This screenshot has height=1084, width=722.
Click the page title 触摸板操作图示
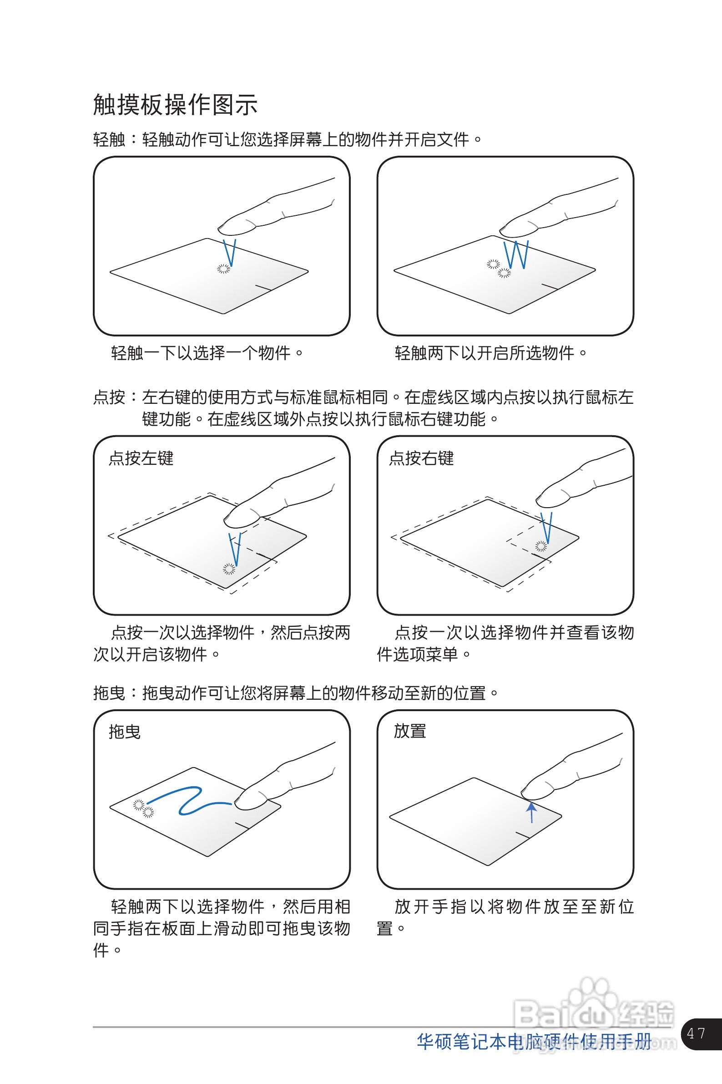(x=175, y=105)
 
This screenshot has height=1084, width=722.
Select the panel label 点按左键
(x=141, y=458)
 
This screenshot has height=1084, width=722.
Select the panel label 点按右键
(x=421, y=458)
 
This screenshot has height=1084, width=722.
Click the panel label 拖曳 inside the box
(x=124, y=732)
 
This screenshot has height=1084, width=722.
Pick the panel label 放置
(x=410, y=731)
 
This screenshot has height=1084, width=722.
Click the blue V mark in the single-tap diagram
(x=229, y=252)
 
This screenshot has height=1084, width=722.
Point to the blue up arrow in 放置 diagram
(x=532, y=812)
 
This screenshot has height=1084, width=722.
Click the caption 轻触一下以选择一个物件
(x=207, y=353)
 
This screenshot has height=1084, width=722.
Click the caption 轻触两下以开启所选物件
(x=490, y=353)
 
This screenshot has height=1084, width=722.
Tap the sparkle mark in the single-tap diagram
(x=223, y=269)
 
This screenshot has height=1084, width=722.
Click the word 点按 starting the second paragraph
(x=109, y=397)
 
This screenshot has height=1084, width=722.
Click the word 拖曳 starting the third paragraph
(x=109, y=693)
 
